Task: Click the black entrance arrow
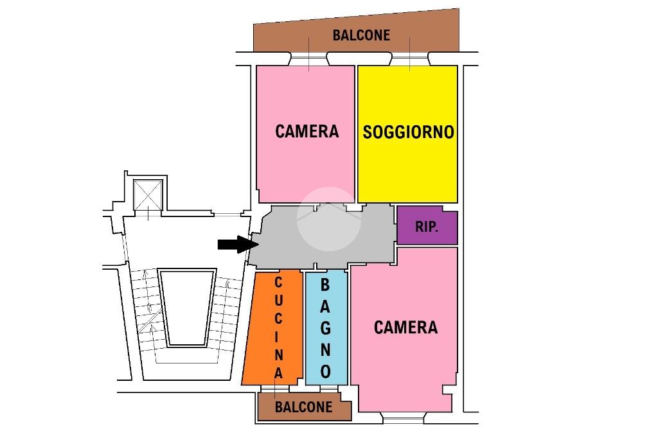click(238, 244)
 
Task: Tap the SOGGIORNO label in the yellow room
click(408, 132)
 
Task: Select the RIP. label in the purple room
click(427, 227)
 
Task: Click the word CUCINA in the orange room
click(278, 328)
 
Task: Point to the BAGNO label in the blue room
click(325, 329)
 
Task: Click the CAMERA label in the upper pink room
click(307, 131)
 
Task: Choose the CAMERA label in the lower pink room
click(405, 328)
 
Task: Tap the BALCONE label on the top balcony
click(361, 35)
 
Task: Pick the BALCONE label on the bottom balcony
click(303, 407)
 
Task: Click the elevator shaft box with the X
click(148, 195)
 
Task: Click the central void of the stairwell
click(187, 308)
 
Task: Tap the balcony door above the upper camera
click(308, 58)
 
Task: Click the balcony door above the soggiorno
click(410, 58)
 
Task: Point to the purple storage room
click(427, 225)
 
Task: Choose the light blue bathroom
click(326, 328)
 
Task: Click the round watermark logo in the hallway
click(329, 219)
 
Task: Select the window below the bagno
click(330, 389)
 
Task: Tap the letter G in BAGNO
click(325, 328)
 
